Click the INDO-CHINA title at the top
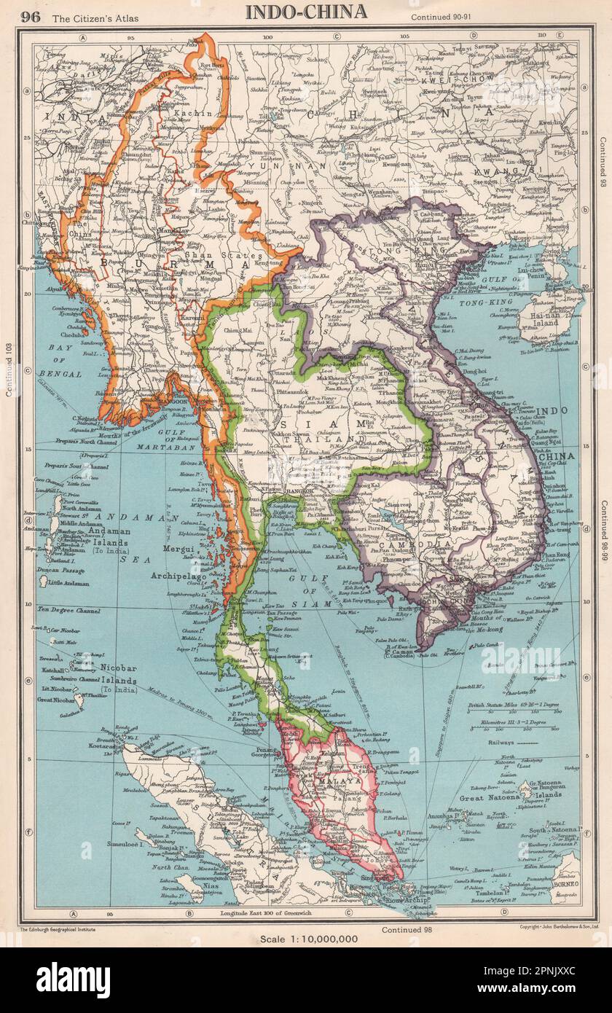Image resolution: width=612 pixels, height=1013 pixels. (x=305, y=12)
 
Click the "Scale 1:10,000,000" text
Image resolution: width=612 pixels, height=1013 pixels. (x=309, y=939)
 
